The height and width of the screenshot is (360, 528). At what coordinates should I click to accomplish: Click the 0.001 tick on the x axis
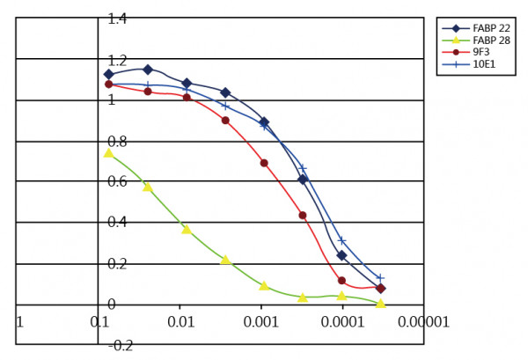point(261,322)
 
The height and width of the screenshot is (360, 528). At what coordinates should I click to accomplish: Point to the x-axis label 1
point(19,322)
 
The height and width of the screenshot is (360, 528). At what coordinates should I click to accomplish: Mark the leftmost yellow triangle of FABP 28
point(108,153)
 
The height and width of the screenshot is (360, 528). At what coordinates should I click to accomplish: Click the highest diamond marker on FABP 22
point(148,69)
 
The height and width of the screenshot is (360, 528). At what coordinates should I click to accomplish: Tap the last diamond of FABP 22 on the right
point(380,288)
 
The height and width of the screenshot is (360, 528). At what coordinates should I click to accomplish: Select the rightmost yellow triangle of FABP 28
point(380,303)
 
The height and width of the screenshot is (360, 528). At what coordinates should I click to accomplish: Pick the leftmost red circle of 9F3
point(108,84)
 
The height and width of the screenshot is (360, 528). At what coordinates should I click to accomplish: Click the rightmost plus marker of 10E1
point(380,278)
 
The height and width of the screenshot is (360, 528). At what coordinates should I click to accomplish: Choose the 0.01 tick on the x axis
point(180,322)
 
